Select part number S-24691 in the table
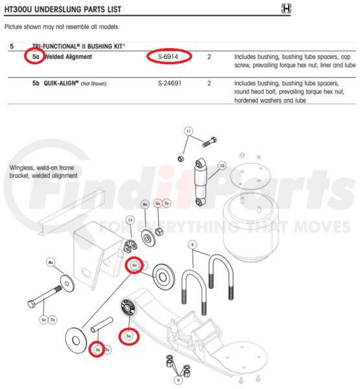tap(170, 84)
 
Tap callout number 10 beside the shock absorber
tap(221, 166)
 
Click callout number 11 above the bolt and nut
tap(189, 132)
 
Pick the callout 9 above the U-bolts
tap(192, 244)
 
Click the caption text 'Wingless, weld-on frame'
tap(41, 167)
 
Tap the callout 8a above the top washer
tap(145, 204)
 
